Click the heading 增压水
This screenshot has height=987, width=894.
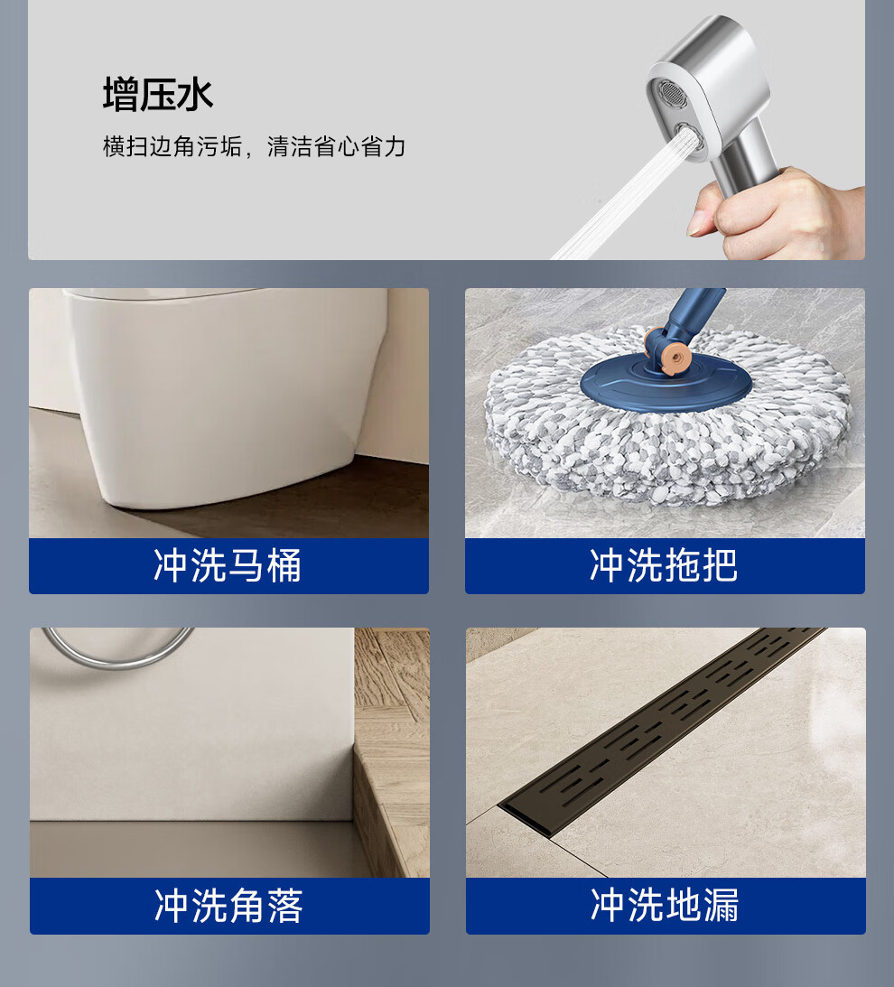[x=158, y=95]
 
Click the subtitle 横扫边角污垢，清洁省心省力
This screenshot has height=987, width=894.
[x=254, y=146]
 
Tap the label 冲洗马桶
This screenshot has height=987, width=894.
[x=228, y=565]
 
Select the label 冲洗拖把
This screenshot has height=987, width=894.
[x=664, y=565]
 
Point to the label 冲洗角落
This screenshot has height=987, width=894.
[x=228, y=906]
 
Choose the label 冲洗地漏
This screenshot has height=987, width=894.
[x=665, y=905]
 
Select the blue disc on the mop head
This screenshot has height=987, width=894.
[x=666, y=383]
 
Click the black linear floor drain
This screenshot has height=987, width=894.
[x=661, y=731]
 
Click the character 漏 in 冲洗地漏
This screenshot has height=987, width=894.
[x=721, y=905]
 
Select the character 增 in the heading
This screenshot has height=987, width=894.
[x=121, y=95]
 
